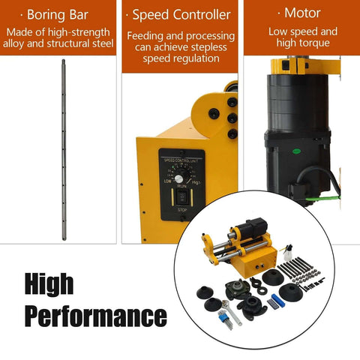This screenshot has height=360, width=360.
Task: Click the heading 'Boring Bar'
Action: pos(59,14)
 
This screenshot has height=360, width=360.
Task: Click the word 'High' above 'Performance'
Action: pos(49,284)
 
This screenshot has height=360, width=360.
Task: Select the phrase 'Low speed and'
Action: pos(303,31)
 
